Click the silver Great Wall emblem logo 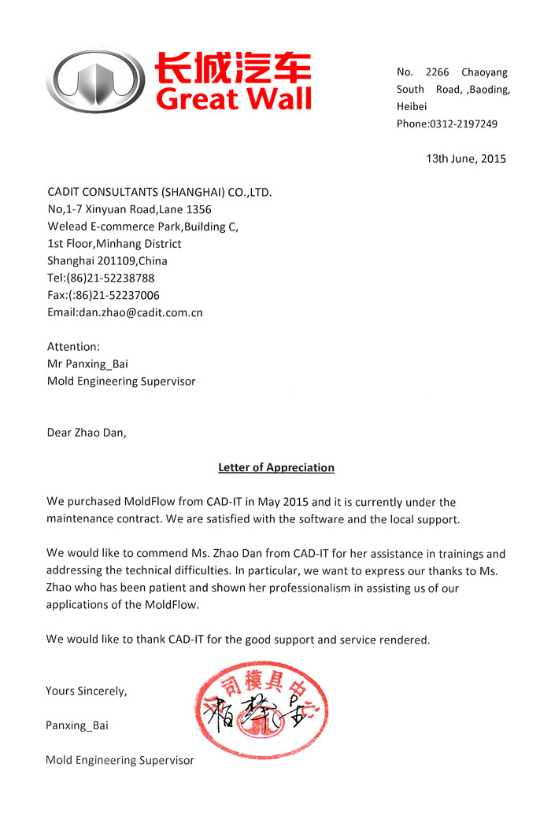tap(95, 81)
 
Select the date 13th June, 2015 tap(466, 158)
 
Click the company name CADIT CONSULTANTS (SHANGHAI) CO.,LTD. tap(160, 192)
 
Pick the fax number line tap(103, 295)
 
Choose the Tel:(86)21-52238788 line tap(101, 278)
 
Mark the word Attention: tap(73, 347)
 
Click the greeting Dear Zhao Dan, tap(86, 432)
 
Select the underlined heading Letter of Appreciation tap(275, 467)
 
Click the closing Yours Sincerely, tap(86, 691)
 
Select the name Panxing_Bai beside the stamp tap(77, 725)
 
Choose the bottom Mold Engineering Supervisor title tap(120, 760)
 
